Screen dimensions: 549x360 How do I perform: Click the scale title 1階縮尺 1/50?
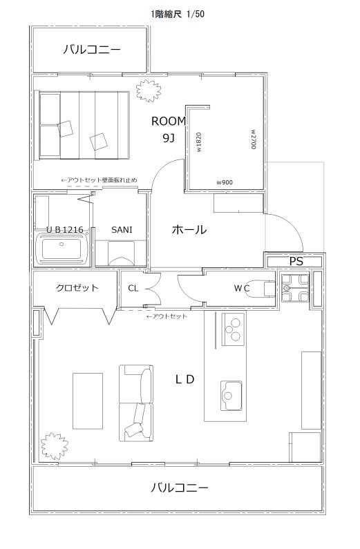178,13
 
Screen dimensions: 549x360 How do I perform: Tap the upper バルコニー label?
92,50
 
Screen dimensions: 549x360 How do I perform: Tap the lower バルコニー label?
180,488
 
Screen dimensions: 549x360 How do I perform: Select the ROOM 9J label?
169,129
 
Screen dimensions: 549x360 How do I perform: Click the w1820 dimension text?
199,142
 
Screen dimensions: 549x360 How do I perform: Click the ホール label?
189,230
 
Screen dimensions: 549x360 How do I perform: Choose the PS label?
296,261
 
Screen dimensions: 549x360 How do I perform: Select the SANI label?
122,229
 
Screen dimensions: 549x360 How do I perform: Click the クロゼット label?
77,288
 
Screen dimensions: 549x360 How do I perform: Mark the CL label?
133,288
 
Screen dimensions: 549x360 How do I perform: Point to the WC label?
241,288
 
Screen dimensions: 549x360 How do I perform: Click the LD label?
184,379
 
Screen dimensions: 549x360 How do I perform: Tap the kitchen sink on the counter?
230,394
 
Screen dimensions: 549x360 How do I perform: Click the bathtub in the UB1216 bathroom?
61,248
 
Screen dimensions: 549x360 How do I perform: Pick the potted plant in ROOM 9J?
146,90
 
